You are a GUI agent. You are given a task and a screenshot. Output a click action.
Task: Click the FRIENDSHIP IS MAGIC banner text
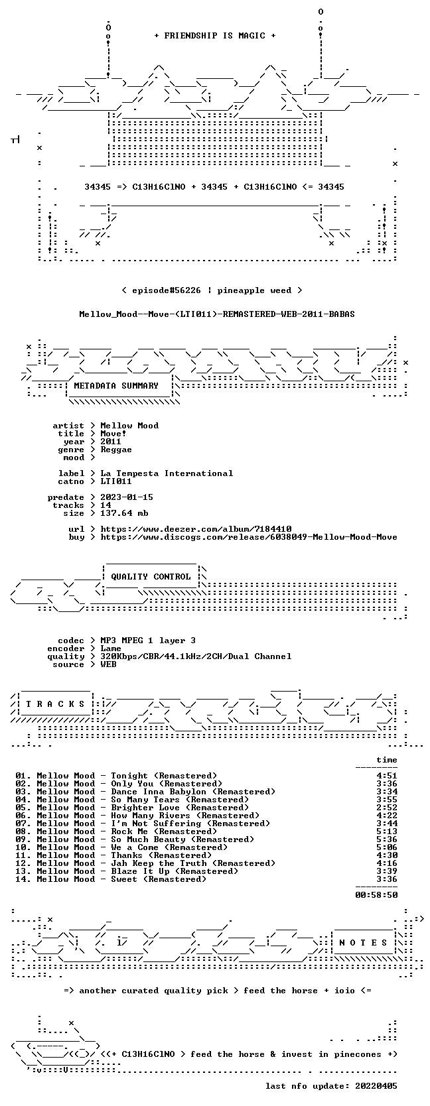(215, 36)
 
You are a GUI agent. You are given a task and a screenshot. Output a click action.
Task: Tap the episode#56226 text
(167, 290)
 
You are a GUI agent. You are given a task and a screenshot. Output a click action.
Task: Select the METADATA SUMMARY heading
(116, 386)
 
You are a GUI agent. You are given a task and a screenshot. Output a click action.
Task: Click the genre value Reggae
(116, 450)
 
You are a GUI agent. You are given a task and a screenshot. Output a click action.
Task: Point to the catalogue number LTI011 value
(116, 481)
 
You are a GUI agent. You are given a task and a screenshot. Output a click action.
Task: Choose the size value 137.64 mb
(125, 513)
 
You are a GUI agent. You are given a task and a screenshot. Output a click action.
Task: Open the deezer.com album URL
(196, 529)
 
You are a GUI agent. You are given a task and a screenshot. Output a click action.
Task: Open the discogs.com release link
(249, 536)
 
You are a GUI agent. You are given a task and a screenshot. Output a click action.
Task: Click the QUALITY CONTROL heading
(151, 577)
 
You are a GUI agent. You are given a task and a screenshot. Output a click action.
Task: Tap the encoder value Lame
(111, 648)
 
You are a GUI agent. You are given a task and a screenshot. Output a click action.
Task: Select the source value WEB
(108, 664)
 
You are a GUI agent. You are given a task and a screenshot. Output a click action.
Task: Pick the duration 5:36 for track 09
(387, 839)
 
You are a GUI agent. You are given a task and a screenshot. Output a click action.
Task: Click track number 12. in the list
(23, 863)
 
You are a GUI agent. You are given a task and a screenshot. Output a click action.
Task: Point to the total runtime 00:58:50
(376, 894)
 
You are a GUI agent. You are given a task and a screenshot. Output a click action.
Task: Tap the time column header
(387, 760)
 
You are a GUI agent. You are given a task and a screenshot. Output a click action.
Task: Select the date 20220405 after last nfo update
(376, 1085)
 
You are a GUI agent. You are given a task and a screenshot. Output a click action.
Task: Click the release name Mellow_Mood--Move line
(217, 314)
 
